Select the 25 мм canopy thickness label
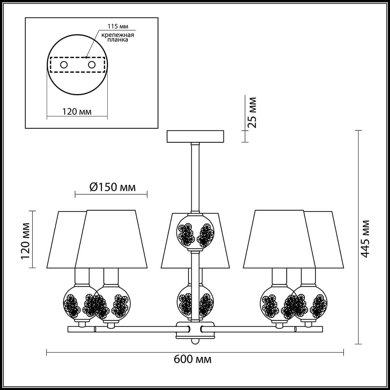252,113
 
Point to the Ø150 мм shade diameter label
112,188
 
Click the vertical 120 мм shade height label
25,241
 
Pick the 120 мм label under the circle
77,111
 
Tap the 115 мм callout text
118,26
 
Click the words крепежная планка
118,37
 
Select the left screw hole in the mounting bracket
64,65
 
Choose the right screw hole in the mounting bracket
92,65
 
